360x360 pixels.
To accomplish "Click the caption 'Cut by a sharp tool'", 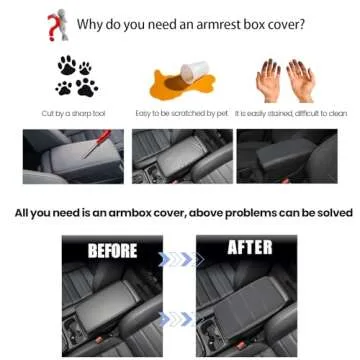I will click(71, 113).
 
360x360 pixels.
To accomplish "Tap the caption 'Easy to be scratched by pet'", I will click(181, 113).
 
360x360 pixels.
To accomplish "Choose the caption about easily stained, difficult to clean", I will click(289, 113).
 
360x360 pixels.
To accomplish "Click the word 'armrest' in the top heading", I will click(211, 23).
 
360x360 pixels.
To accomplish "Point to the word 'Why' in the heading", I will click(92, 23).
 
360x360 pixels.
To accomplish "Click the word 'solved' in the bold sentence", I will click(330, 213).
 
